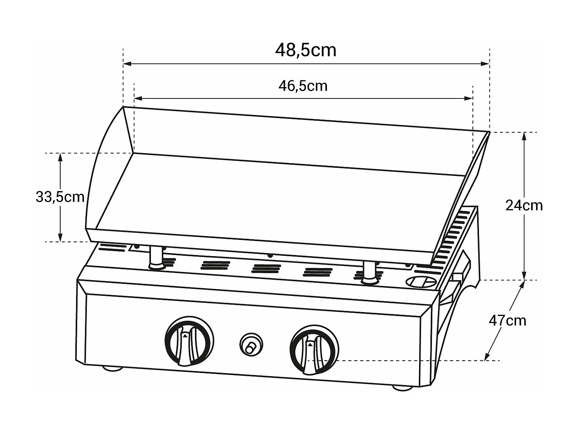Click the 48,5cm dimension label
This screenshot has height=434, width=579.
click(x=305, y=51)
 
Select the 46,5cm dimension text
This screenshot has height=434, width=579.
click(x=303, y=86)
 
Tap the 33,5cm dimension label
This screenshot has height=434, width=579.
click(x=60, y=197)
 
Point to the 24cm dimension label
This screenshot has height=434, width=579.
click(x=524, y=205)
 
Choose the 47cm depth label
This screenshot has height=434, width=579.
click(x=507, y=321)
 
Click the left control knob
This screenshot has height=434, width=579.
click(x=189, y=341)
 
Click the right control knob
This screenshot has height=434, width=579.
click(x=314, y=349)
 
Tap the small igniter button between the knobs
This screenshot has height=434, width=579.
click(x=251, y=344)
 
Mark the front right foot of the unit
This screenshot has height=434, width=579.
click(x=402, y=387)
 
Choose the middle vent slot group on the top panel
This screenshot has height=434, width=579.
click(x=266, y=268)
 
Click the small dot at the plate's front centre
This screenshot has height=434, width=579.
click(x=270, y=255)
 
